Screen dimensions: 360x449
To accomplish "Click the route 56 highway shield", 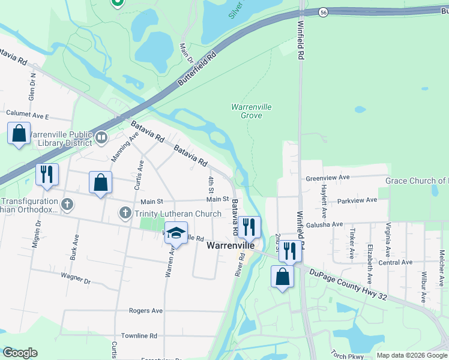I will click(323, 13).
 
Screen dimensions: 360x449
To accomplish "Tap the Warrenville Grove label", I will click(252, 111).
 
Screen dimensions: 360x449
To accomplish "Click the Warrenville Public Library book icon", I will click(101, 139).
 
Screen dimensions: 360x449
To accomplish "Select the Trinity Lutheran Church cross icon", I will click(125, 213).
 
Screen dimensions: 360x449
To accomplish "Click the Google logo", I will click(20, 353).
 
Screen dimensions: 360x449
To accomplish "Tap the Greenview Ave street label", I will click(327, 178).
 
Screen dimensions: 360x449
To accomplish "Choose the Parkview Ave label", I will click(357, 200).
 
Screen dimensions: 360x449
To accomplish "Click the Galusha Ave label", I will click(324, 224).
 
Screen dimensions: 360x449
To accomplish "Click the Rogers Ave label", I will click(146, 311).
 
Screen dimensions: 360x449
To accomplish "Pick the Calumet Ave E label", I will click(27, 113).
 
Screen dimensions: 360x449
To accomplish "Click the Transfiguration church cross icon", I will click(67, 204).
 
